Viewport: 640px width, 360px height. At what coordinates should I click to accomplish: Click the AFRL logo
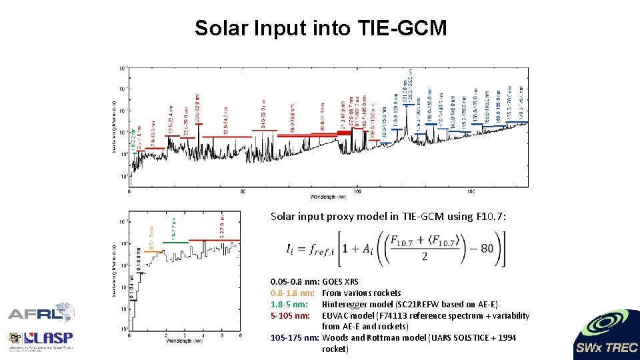(x=41, y=314)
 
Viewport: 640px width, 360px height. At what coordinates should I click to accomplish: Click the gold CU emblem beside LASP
(x=15, y=339)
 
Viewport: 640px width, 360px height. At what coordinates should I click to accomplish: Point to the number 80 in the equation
(x=487, y=249)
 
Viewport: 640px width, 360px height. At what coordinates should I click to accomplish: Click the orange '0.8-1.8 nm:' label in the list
(x=293, y=293)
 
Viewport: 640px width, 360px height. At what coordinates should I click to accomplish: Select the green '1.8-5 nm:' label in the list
(x=289, y=304)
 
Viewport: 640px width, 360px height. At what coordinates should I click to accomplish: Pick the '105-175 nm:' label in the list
(x=295, y=338)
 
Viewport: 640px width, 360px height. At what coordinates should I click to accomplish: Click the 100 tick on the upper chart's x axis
(x=357, y=191)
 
